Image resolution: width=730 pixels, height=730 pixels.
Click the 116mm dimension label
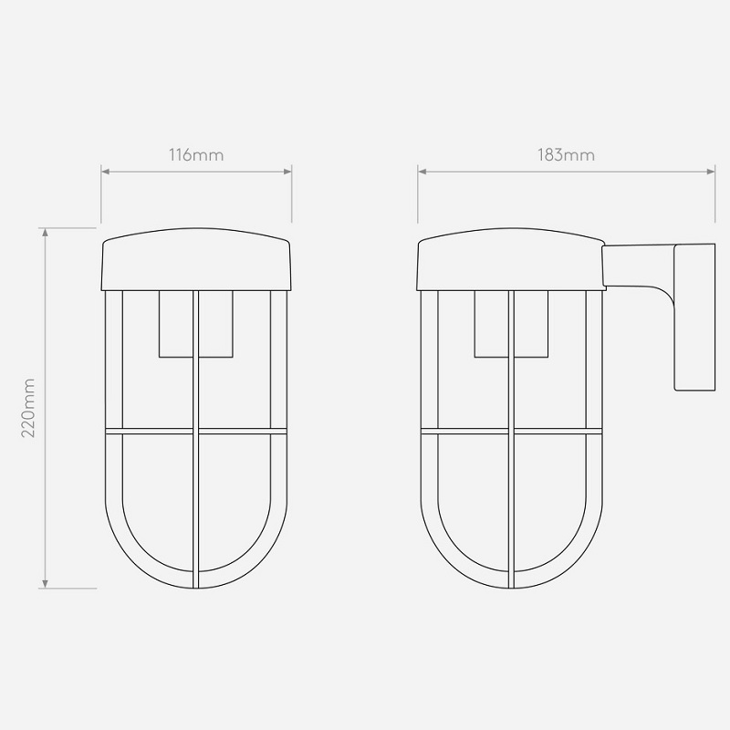[x=196, y=154]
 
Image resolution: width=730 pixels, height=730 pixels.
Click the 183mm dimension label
[x=566, y=154]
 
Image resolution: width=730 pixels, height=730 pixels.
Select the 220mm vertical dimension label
[x=28, y=408]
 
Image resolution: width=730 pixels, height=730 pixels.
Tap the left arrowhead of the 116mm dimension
[x=105, y=172]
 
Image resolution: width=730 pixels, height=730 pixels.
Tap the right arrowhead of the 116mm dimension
[x=287, y=172]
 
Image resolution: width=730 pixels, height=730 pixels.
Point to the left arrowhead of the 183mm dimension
[x=422, y=172]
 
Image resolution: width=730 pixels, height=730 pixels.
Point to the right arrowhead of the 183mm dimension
[x=711, y=172]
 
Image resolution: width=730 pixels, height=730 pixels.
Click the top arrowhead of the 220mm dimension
[x=45, y=233]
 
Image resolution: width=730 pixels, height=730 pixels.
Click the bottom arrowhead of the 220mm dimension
[x=45, y=584]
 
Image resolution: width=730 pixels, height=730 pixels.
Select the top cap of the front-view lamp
[x=196, y=259]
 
